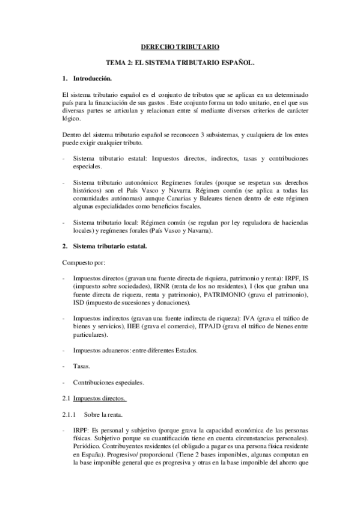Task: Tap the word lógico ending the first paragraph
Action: pyautogui.click(x=72, y=118)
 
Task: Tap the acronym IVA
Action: pyautogui.click(x=248, y=318)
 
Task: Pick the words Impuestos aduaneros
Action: pyautogui.click(x=99, y=350)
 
